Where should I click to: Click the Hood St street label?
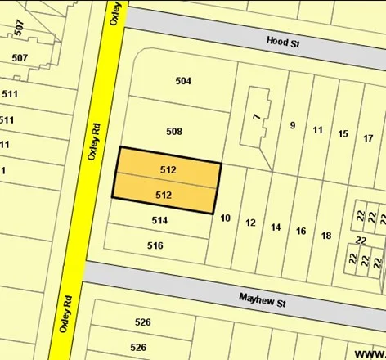click(282, 41)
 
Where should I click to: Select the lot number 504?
click(183, 81)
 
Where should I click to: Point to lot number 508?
click(173, 131)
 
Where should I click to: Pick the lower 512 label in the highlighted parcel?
click(163, 196)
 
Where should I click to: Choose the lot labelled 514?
click(159, 221)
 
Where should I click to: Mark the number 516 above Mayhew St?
click(155, 245)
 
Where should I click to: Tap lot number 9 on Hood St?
click(292, 125)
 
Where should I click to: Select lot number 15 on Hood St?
click(343, 133)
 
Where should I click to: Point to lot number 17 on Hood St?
click(368, 138)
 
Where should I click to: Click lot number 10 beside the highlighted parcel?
click(226, 218)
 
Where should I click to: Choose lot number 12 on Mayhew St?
click(250, 223)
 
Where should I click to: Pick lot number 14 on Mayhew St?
click(276, 227)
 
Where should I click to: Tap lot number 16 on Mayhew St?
click(301, 232)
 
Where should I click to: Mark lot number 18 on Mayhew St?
click(326, 236)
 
